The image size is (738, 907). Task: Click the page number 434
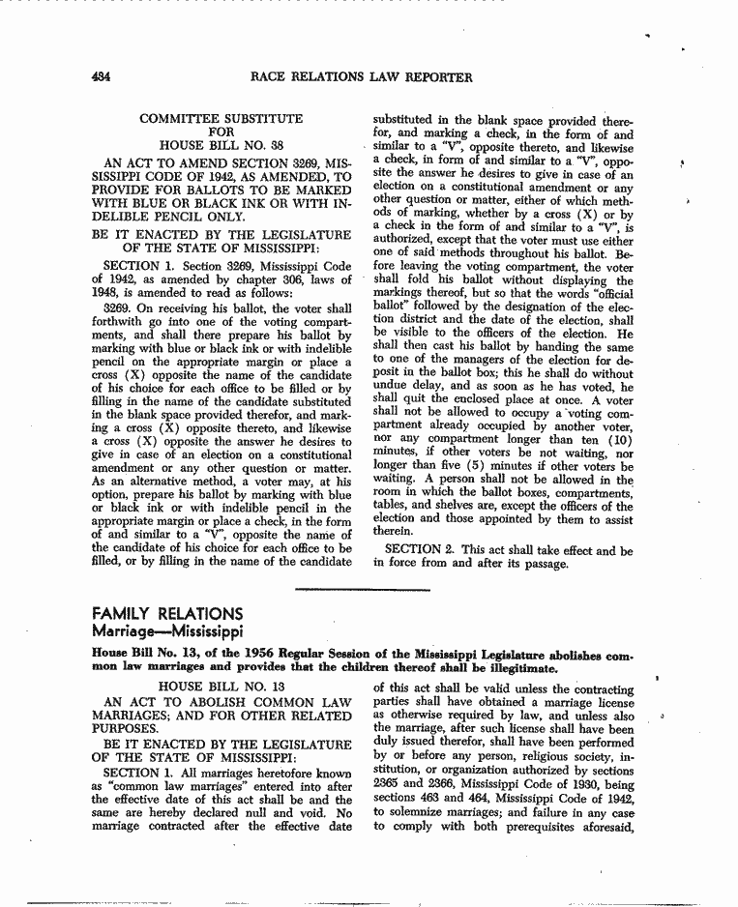(100, 77)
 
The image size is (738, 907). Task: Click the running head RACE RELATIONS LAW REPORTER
(361, 77)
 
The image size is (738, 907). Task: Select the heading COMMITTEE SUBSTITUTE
(221, 119)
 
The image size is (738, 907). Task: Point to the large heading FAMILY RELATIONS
(166, 614)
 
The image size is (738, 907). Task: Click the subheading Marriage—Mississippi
(166, 632)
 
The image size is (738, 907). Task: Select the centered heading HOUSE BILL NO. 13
(221, 687)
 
